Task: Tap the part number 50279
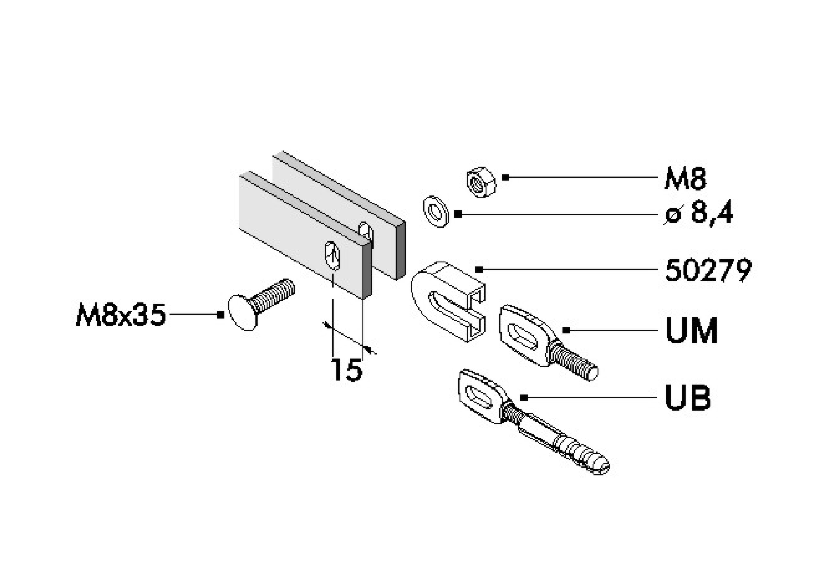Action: [x=708, y=270]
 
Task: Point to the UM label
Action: [x=691, y=331]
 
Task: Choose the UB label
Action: [x=688, y=398]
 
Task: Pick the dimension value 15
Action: [x=346, y=369]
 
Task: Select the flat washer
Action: [x=436, y=211]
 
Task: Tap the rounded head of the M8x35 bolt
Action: [x=242, y=313]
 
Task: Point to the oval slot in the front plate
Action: [x=333, y=256]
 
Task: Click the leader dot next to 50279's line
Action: [x=479, y=270]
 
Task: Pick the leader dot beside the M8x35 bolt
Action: [x=220, y=315]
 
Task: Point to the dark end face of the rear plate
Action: [x=401, y=250]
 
